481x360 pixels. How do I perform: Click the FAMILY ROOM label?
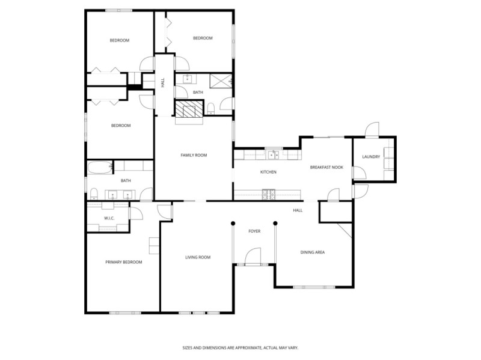(194, 155)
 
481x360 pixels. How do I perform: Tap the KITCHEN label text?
(268, 172)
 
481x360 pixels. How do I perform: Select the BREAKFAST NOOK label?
(326, 167)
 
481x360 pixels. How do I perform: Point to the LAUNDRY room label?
(371, 157)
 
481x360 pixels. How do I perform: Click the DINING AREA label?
(313, 252)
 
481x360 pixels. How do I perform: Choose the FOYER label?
(254, 231)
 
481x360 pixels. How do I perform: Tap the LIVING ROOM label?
(197, 257)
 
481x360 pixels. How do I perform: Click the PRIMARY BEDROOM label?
(123, 262)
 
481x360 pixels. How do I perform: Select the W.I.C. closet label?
(109, 218)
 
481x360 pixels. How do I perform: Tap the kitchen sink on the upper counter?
(274, 154)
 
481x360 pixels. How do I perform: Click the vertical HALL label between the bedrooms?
(162, 84)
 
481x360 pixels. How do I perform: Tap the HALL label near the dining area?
(298, 210)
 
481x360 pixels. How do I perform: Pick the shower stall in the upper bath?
(221, 81)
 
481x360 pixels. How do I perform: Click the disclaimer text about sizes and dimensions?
(240, 347)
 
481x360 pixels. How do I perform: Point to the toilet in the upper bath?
(212, 108)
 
